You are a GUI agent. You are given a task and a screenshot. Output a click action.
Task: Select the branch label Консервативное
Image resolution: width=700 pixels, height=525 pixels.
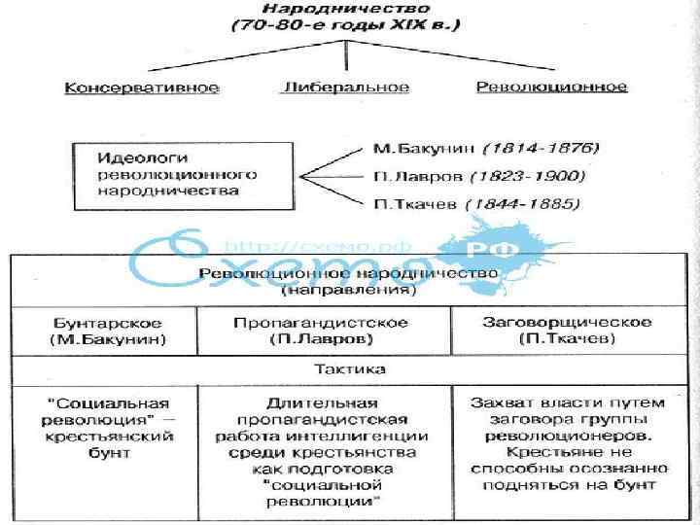pos(142,87)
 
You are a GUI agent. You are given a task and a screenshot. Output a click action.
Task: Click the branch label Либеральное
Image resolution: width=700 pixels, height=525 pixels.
pos(345,87)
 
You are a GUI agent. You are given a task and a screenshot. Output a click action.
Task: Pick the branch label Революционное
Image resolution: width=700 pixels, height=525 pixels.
pos(551,87)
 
